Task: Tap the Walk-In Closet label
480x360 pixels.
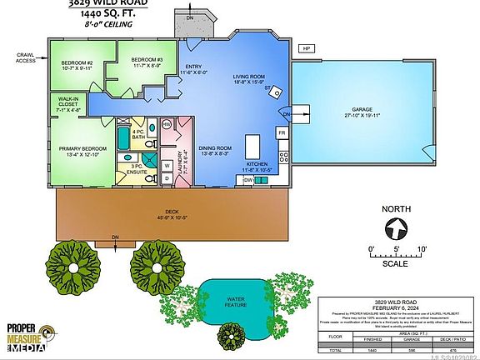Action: click(67, 105)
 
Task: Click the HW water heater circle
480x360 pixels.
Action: click(167, 124)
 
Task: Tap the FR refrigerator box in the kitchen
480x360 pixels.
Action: click(282, 132)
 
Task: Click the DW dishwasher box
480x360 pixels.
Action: click(248, 179)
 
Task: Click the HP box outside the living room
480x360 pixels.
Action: click(307, 49)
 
